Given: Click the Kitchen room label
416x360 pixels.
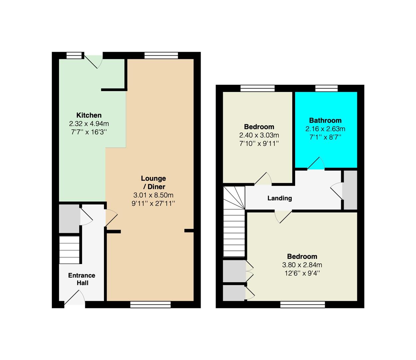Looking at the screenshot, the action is (89, 115).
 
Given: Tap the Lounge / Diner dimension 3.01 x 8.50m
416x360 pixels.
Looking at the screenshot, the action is (153, 195).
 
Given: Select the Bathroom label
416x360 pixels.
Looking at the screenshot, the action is (325, 120).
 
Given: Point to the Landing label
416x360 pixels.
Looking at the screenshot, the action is (279, 198).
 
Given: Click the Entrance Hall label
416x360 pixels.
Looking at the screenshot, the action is (82, 279).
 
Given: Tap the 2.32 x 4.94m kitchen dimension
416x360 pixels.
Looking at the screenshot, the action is (89, 123).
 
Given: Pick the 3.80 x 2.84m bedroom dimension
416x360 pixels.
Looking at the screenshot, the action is (302, 265).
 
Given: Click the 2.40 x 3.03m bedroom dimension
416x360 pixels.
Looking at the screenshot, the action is (259, 135).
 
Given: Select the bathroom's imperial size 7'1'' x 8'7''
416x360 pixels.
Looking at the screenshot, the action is (325, 137).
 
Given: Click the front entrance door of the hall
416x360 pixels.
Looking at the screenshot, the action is (75, 299).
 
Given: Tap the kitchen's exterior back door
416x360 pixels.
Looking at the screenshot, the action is (93, 62).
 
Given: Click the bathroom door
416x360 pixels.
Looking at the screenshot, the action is (316, 163).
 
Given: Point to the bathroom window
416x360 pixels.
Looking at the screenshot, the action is (326, 88).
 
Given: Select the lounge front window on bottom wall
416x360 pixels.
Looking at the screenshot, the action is (150, 304).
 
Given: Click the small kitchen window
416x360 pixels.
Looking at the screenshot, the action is (74, 55).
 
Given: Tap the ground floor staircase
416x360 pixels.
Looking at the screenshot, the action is (69, 250).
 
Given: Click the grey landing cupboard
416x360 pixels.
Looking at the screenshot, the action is (350, 190).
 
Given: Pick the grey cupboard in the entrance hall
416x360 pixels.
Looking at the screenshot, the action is (69, 219).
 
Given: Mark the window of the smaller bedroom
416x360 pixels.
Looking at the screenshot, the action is (257, 88).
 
